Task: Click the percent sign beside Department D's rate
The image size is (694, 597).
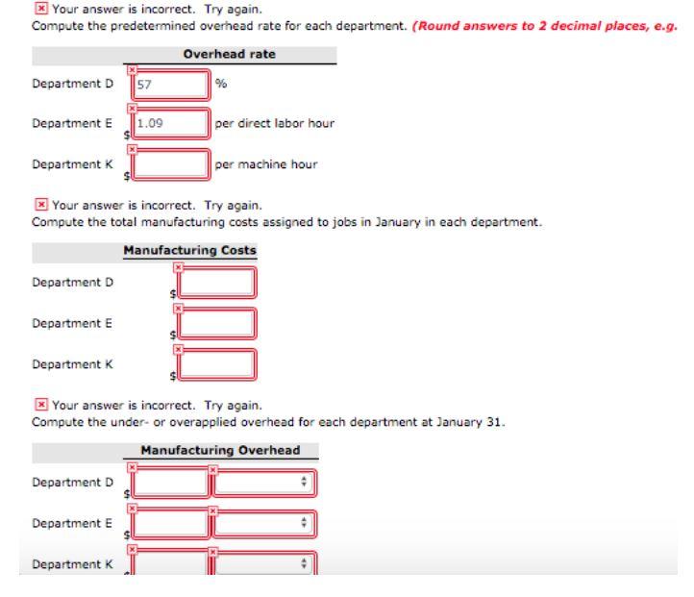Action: (221, 85)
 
